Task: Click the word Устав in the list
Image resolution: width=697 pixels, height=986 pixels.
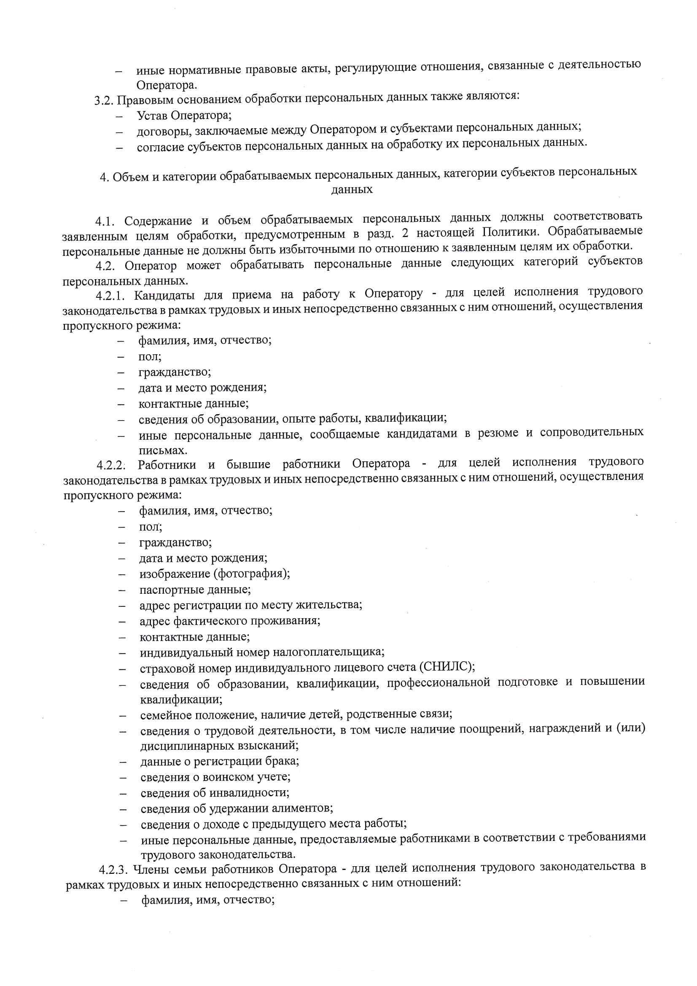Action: coord(153,116)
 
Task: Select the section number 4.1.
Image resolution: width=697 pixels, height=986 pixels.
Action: coord(105,221)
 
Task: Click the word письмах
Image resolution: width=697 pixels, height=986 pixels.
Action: coord(163,450)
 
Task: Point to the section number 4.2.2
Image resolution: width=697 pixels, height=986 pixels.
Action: coord(111,465)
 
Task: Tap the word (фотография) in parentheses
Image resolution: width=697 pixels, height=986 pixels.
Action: coord(252,574)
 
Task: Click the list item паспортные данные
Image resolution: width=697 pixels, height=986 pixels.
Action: coord(195,590)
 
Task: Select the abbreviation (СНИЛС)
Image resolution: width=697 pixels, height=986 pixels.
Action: coord(447,666)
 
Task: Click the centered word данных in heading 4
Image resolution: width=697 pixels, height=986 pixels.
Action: coord(352,189)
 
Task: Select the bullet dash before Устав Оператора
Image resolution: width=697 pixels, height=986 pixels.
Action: coord(119,116)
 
